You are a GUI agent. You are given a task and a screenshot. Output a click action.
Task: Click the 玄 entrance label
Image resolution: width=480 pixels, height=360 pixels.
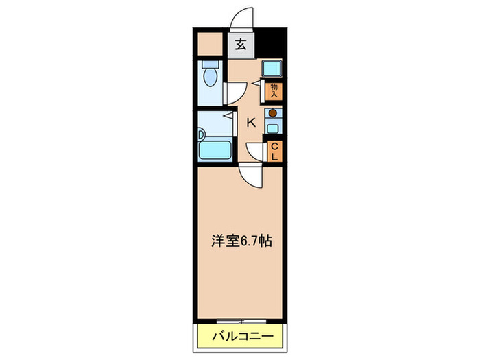pyautogui.click(x=241, y=45)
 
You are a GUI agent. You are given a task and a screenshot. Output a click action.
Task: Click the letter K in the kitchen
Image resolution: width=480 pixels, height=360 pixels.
pyautogui.click(x=251, y=123)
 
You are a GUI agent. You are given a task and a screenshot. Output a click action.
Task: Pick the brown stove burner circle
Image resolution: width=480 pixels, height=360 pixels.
pyautogui.click(x=273, y=113)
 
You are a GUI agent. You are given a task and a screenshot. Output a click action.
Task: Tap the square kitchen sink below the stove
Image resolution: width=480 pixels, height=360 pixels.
pyautogui.click(x=273, y=128)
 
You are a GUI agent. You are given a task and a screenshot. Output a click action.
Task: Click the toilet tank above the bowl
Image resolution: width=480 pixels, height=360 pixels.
pyautogui.click(x=211, y=65)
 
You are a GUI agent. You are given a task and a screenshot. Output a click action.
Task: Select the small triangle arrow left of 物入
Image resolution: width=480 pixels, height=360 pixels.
pyautogui.click(x=256, y=84)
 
